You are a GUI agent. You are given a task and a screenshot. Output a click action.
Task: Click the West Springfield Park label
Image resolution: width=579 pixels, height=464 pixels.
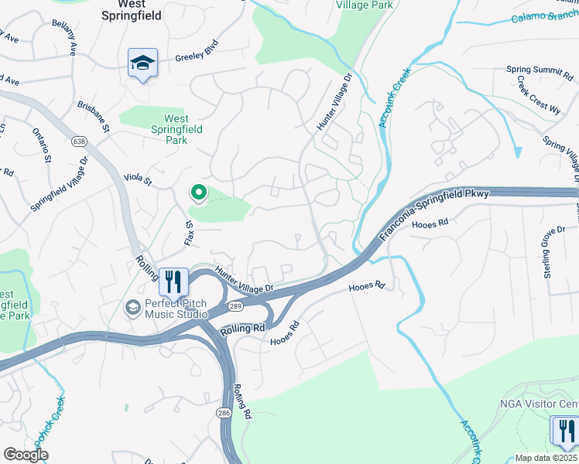[x=176, y=129]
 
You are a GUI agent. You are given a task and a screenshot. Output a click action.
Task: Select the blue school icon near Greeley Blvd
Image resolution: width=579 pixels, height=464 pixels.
[x=143, y=63]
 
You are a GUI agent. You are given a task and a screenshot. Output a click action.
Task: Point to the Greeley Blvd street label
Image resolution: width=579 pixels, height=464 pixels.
[x=199, y=56]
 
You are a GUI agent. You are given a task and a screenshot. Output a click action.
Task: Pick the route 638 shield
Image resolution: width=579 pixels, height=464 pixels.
[x=79, y=142]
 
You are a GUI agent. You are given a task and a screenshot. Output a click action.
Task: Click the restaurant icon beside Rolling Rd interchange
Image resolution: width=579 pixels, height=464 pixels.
[x=173, y=281]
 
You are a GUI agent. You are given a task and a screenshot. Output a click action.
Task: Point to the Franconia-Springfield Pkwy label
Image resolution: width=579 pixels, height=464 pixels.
[x=436, y=213]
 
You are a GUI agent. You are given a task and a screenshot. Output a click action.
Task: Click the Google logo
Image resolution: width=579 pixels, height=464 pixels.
[x=26, y=455]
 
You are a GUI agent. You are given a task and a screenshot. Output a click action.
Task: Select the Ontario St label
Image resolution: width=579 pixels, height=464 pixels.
[x=41, y=146]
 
